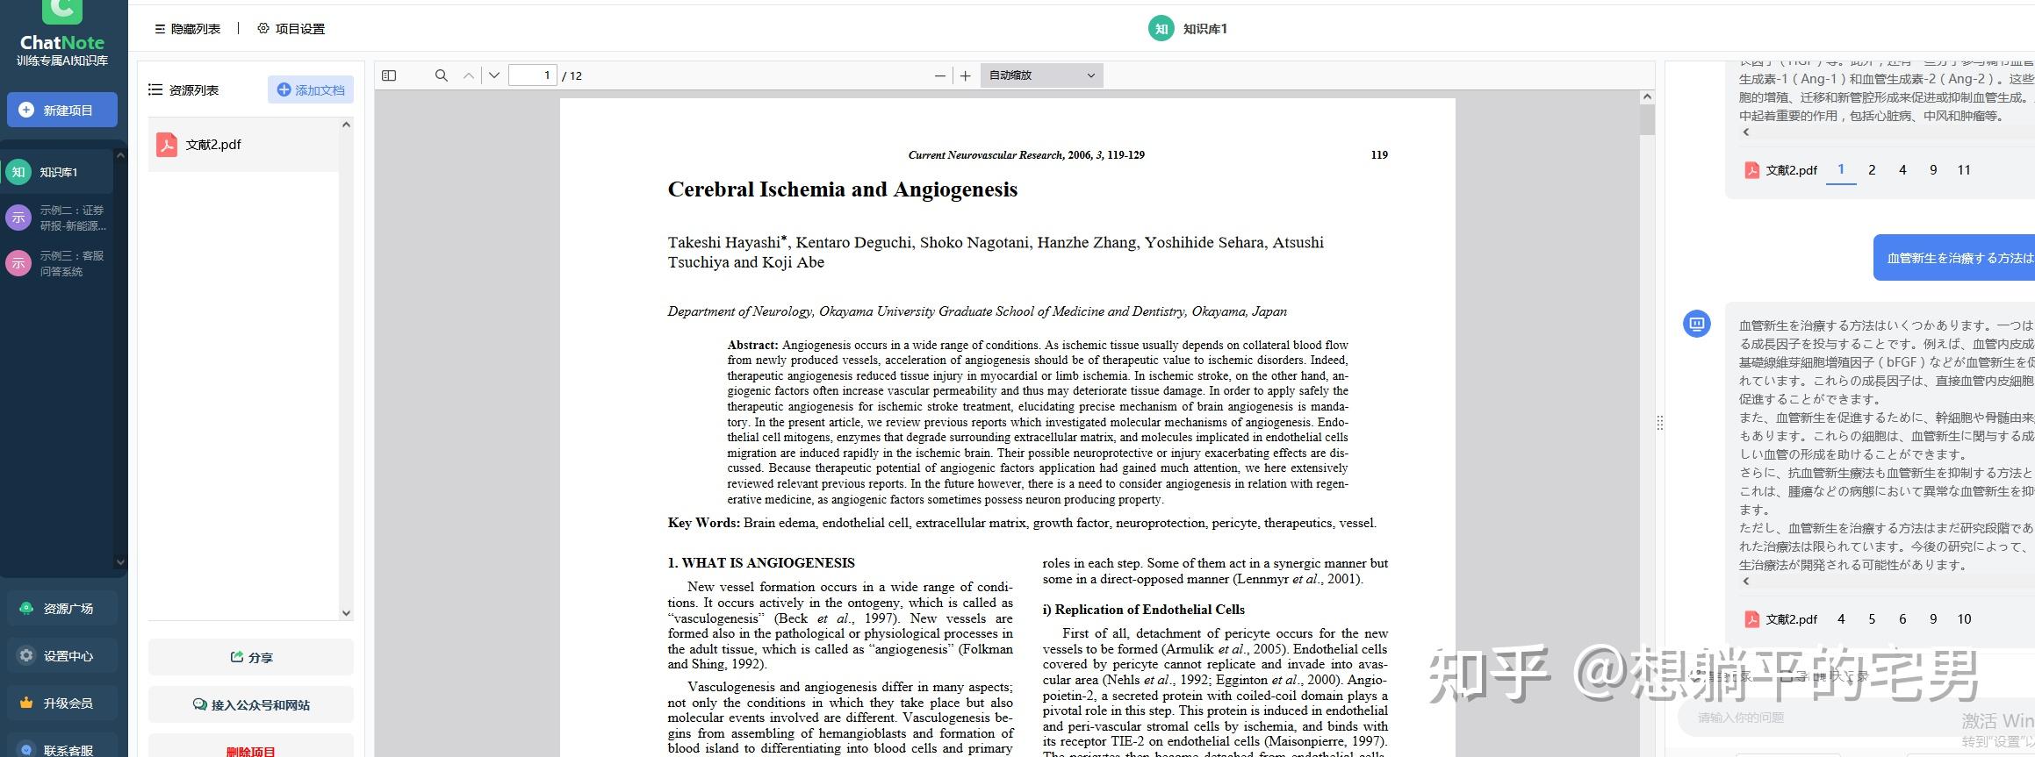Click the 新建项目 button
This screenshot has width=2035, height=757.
pyautogui.click(x=62, y=111)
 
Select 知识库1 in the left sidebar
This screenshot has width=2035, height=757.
pyautogui.click(x=58, y=172)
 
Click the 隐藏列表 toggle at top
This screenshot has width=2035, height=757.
pyautogui.click(x=187, y=29)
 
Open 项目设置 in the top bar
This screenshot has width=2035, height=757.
pyautogui.click(x=291, y=29)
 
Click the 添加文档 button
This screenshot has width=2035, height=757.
pyautogui.click(x=311, y=89)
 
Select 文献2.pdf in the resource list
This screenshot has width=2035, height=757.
pyautogui.click(x=212, y=145)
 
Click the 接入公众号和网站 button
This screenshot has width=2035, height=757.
pyautogui.click(x=251, y=704)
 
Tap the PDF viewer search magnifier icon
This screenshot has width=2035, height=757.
pyautogui.click(x=441, y=75)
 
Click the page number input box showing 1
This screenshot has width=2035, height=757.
pyautogui.click(x=533, y=75)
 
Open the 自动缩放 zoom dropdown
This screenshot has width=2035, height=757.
pyautogui.click(x=1041, y=75)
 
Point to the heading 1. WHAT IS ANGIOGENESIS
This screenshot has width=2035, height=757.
pyautogui.click(x=760, y=563)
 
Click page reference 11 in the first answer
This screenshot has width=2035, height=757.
pyautogui.click(x=1963, y=170)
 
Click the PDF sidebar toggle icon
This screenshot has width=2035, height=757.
pyautogui.click(x=389, y=75)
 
